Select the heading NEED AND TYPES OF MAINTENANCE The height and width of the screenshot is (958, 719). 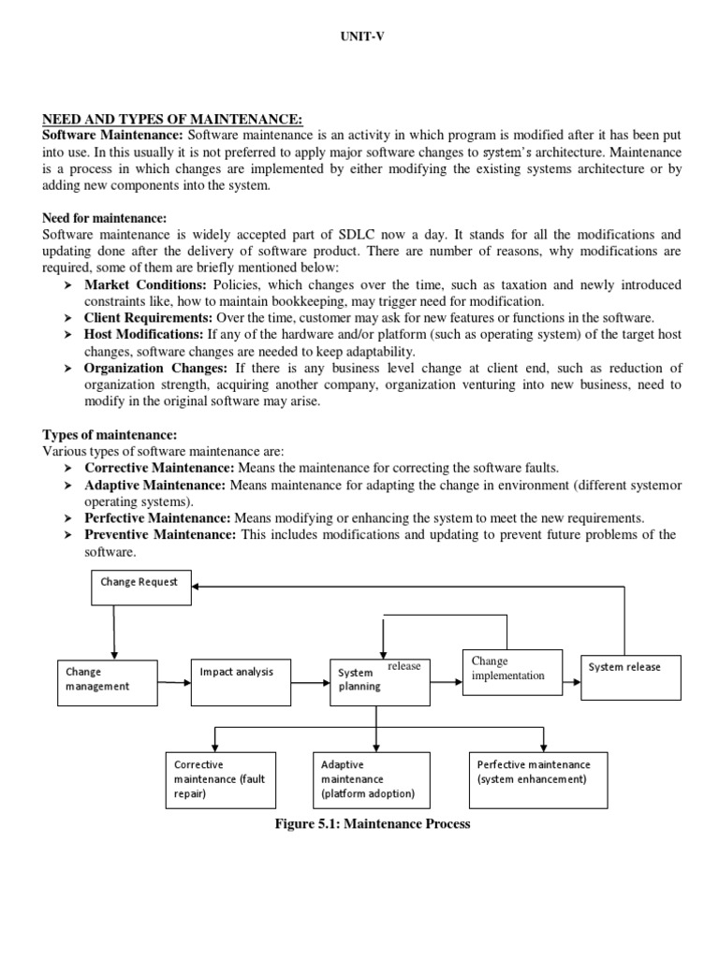pyautogui.click(x=173, y=118)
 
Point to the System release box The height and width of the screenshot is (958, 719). pyautogui.click(x=631, y=676)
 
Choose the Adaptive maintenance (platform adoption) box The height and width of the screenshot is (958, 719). pyautogui.click(x=371, y=778)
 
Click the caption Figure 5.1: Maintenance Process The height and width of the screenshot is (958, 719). pyautogui.click(x=359, y=824)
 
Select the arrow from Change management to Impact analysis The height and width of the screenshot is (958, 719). pyautogui.click(x=173, y=683)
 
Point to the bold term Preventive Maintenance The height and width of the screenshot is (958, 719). pyautogui.click(x=161, y=534)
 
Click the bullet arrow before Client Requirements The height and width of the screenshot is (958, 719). pyautogui.click(x=69, y=318)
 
